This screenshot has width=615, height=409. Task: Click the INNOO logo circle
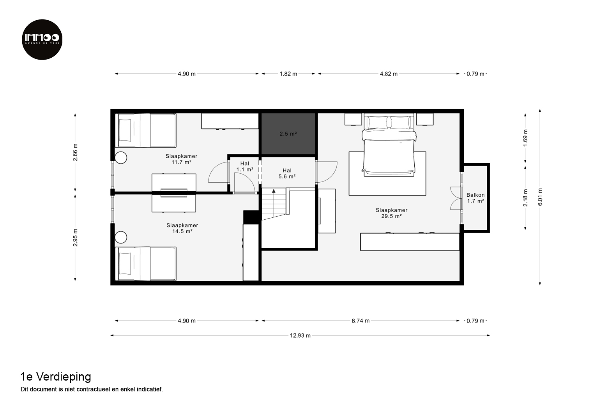pyautogui.click(x=42, y=39)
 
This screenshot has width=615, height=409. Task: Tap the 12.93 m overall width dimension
pyautogui.click(x=300, y=335)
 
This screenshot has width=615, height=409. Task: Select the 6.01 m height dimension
pyautogui.click(x=540, y=197)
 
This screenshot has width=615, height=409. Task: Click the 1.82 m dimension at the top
pyautogui.click(x=288, y=74)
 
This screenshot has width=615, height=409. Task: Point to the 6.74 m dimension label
pyautogui.click(x=361, y=321)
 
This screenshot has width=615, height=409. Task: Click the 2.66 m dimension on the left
pyautogui.click(x=75, y=152)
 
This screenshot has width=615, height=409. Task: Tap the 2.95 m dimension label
pyautogui.click(x=75, y=238)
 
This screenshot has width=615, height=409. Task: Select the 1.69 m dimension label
pyautogui.click(x=525, y=138)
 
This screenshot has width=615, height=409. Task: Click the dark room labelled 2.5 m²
pyautogui.click(x=288, y=134)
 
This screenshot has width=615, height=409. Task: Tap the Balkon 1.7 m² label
pyautogui.click(x=475, y=198)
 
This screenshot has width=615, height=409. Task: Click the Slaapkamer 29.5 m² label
pyautogui.click(x=392, y=213)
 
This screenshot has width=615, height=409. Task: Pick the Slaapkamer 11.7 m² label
pyautogui.click(x=181, y=159)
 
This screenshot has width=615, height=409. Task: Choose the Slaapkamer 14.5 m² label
pyautogui.click(x=182, y=228)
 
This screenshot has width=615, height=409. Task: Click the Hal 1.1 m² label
pyautogui.click(x=245, y=166)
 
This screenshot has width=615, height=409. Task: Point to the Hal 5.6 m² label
pyautogui.click(x=287, y=173)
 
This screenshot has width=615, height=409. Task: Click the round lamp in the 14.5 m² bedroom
pyautogui.click(x=121, y=237)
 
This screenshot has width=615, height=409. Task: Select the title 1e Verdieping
pyautogui.click(x=56, y=377)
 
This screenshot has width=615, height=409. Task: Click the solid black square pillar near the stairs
pyautogui.click(x=251, y=217)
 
